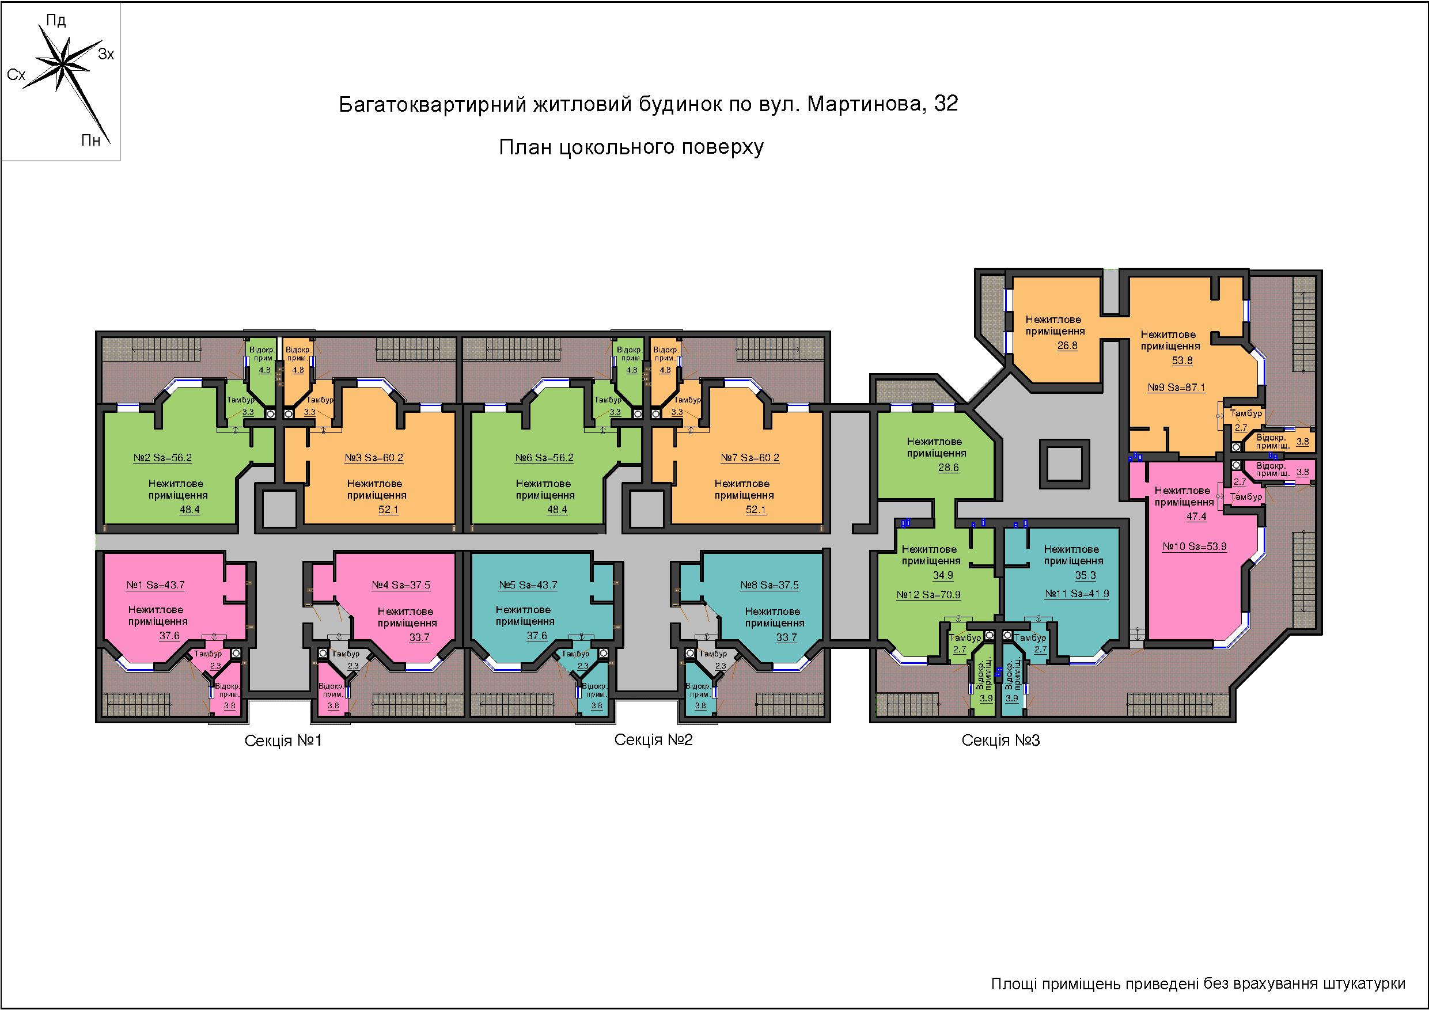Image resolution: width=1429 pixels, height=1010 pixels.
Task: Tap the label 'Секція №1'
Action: click(284, 741)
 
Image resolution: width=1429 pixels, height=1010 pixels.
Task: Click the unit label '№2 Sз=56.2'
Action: click(162, 458)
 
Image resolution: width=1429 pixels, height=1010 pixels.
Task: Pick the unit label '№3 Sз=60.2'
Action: click(374, 458)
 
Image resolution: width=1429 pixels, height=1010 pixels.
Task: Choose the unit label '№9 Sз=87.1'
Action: click(1176, 387)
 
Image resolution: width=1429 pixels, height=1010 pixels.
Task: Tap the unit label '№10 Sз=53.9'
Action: click(1195, 546)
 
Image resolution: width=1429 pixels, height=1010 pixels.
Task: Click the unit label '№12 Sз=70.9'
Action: click(928, 594)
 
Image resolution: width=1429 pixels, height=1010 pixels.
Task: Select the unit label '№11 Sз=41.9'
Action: click(1077, 593)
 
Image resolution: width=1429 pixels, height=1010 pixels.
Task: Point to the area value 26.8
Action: click(1067, 345)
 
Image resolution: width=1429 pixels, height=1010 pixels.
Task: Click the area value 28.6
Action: click(949, 468)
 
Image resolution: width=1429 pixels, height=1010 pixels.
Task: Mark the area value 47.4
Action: click(1197, 516)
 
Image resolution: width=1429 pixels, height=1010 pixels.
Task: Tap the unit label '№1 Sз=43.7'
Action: click(156, 585)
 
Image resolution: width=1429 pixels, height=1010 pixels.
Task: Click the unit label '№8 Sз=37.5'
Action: click(770, 585)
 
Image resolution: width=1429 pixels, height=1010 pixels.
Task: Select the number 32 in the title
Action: click(946, 103)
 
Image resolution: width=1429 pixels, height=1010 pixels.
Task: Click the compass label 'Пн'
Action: click(91, 140)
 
